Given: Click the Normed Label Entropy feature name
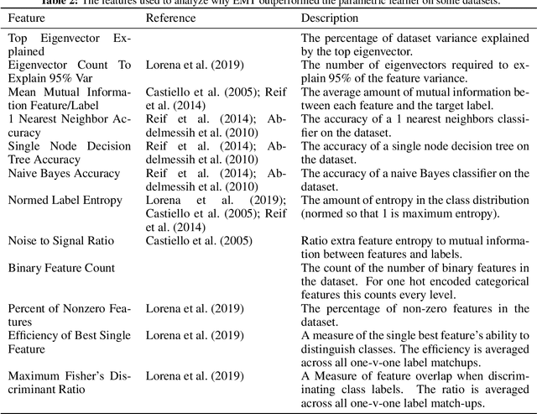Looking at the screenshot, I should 65,201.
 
